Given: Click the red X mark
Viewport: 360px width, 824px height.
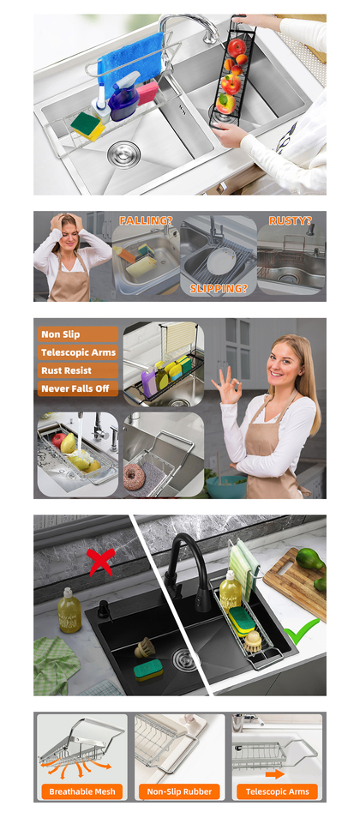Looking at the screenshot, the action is [x=101, y=562].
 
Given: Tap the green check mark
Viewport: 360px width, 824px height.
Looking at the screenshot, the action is [x=302, y=630].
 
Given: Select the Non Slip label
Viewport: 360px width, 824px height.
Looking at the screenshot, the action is [x=78, y=334].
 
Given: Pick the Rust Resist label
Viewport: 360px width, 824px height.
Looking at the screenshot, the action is [x=78, y=370].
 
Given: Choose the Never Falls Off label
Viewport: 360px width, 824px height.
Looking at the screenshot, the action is [x=78, y=388].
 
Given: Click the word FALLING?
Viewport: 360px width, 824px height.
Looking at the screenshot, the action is [x=146, y=220].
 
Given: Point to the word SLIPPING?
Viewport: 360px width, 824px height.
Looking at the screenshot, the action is [x=219, y=288].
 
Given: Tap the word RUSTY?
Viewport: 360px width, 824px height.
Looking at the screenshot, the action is [x=290, y=220].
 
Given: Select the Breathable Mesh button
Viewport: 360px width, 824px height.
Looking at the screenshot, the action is [x=81, y=791].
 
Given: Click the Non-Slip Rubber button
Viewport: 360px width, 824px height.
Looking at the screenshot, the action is [x=180, y=791].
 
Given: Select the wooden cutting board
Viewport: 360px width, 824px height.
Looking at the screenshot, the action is [x=295, y=582].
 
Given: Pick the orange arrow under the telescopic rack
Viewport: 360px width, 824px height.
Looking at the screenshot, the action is [x=275, y=773].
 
